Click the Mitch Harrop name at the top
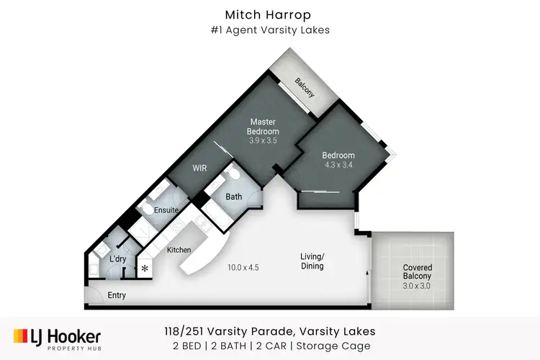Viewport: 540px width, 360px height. point(270,14)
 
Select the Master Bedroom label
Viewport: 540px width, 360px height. point(262,127)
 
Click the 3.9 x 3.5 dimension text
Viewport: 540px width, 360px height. point(262,141)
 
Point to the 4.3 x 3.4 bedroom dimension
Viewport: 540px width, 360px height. point(338,165)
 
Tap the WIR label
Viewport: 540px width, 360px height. point(199,168)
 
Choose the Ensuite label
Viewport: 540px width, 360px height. point(166,210)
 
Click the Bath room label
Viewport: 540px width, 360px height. point(234,197)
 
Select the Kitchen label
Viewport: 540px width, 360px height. point(179,250)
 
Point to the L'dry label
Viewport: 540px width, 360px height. point(119,258)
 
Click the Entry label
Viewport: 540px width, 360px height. point(117,295)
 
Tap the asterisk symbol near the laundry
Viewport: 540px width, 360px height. point(145,269)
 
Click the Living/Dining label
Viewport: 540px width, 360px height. point(312,261)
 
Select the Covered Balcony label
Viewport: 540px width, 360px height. point(417,272)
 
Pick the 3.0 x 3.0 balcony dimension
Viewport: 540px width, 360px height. point(417,285)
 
